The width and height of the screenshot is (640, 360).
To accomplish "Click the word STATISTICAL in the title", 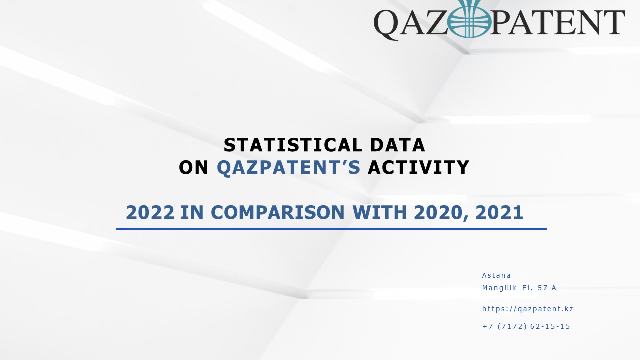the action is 293,145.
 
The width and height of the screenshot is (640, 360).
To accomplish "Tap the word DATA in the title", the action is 397,145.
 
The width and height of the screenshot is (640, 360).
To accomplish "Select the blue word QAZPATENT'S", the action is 289,167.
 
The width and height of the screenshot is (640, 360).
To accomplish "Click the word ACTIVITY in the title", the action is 418,167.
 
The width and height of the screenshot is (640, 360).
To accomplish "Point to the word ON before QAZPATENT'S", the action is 193,167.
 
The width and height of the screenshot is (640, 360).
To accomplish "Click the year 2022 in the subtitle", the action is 150,212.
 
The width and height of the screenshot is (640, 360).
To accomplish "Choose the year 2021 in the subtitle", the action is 499,212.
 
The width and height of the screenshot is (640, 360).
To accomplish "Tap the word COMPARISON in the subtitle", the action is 277,212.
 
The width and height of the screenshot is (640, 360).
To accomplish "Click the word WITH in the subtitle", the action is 379,212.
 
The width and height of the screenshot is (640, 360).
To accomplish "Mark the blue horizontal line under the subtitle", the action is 331,229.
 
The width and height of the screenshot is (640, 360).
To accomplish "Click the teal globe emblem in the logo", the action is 469,19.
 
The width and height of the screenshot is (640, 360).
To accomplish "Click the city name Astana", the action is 496,275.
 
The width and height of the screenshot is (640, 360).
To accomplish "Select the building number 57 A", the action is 547,288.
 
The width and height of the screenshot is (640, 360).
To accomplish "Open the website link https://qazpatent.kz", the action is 527,309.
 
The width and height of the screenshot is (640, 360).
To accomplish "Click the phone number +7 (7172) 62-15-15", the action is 526,326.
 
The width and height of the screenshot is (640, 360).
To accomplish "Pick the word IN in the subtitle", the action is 192,212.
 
